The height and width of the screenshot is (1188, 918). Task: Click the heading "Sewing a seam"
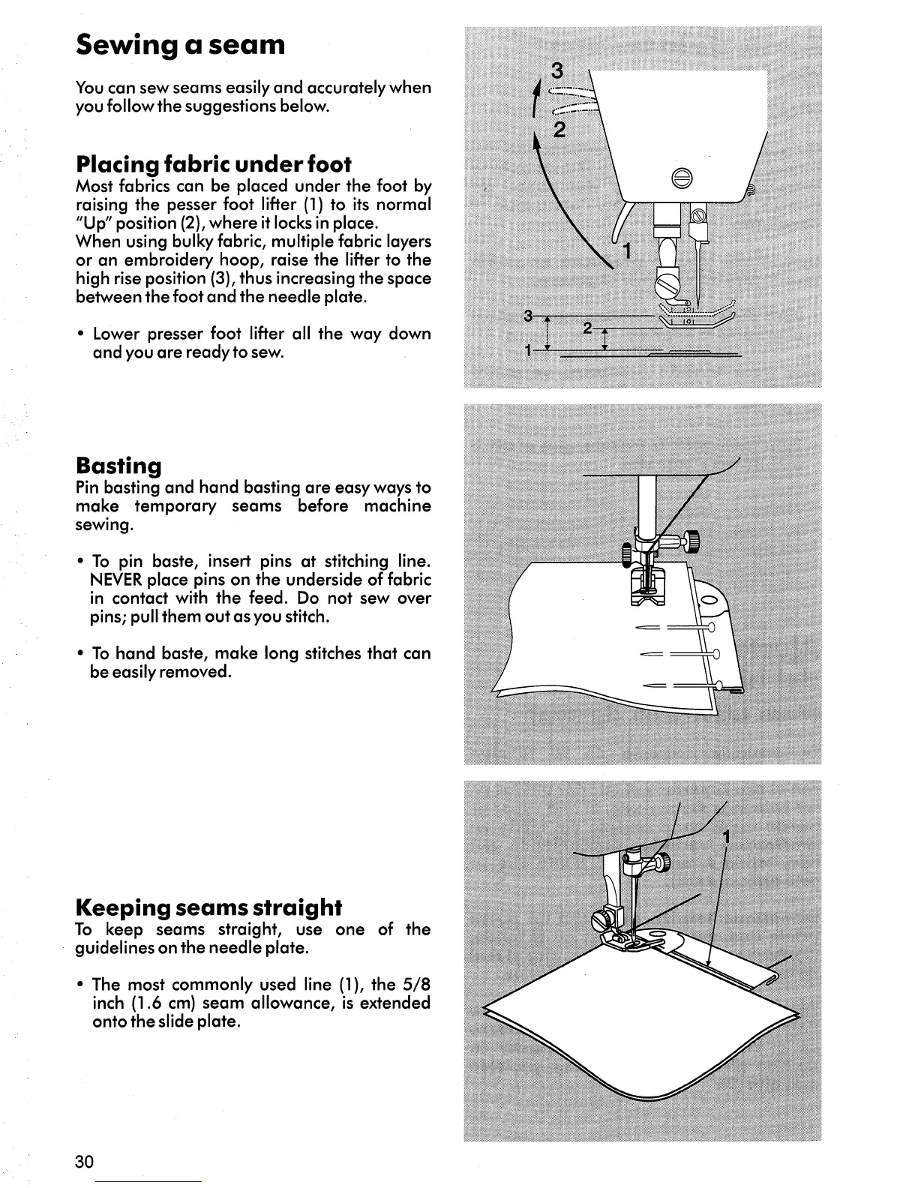click(181, 45)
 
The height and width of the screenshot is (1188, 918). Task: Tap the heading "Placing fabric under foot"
click(213, 163)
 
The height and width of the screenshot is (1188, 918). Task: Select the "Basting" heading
click(118, 466)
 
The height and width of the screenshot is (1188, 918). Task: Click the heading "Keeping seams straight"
click(208, 907)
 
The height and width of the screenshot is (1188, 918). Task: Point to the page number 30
click(84, 1162)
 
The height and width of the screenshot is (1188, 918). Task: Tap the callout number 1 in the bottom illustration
click(725, 837)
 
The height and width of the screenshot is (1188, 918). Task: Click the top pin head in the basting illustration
click(710, 627)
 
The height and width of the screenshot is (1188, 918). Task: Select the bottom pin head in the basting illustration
click(718, 684)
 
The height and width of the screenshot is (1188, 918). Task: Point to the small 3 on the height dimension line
click(529, 313)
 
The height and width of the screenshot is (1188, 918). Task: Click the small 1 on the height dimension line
click(529, 350)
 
